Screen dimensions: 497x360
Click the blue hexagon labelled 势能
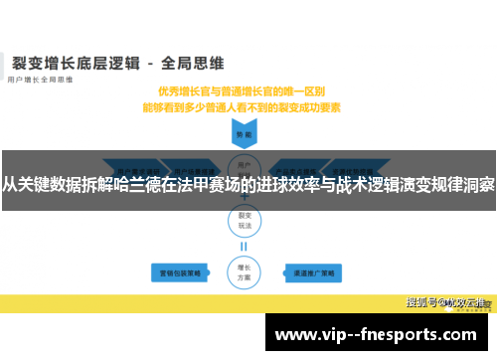pos(243,132)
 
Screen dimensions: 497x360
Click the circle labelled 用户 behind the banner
pos(243,163)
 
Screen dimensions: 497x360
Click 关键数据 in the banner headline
pos(50,184)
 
